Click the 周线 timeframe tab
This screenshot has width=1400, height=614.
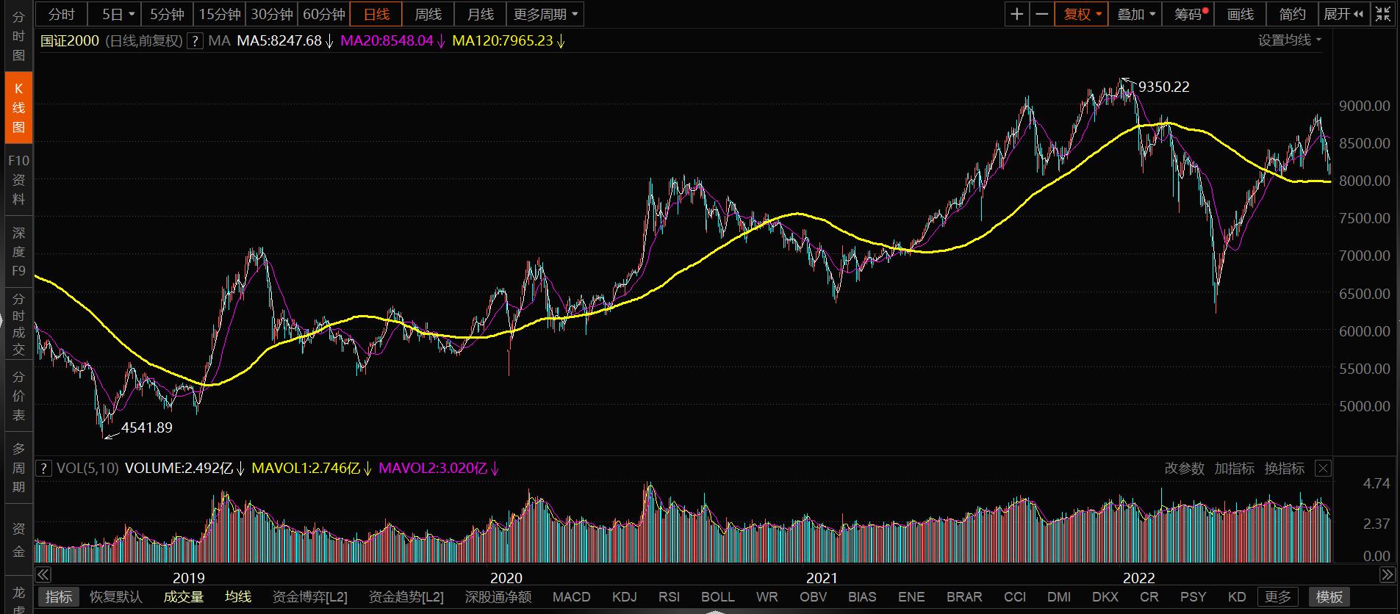click(x=428, y=14)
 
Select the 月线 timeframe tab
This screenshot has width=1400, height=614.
click(x=480, y=14)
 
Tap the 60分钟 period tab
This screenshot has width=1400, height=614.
click(x=324, y=14)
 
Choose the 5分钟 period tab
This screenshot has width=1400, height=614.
click(x=167, y=14)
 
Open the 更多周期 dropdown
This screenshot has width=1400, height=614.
click(x=545, y=14)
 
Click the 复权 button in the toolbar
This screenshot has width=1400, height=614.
click(x=1081, y=14)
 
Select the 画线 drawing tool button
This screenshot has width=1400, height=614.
click(x=1240, y=14)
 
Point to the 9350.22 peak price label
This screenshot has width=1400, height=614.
click(x=1163, y=87)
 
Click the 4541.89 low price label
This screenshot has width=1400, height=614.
click(x=146, y=427)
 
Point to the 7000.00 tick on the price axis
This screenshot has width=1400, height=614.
click(x=1364, y=256)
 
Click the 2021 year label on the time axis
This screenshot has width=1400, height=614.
click(x=822, y=578)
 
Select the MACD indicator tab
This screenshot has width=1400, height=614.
click(x=571, y=596)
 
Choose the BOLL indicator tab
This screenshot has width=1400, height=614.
click(x=717, y=596)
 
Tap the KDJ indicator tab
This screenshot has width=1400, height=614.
click(x=624, y=596)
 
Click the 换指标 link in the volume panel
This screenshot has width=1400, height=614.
click(x=1284, y=468)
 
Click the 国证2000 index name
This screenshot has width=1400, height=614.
click(x=69, y=40)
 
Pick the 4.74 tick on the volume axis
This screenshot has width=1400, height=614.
click(x=1376, y=483)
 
